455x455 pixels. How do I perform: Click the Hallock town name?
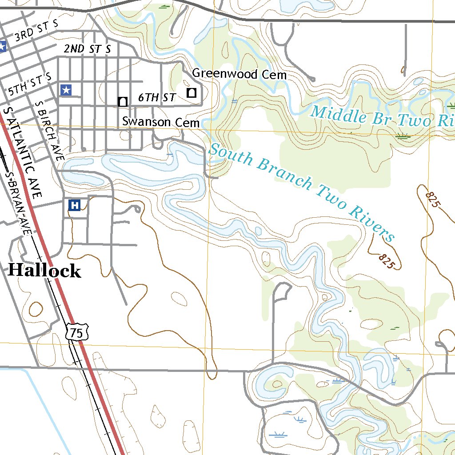tap(44, 271)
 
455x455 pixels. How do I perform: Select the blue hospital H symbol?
tap(75, 205)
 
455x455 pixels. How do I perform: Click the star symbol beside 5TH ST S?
tap(66, 90)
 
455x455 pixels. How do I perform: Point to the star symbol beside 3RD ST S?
tap(3, 46)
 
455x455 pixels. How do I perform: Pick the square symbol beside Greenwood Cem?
tap(192, 92)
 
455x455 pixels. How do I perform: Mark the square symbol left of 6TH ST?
tap(123, 101)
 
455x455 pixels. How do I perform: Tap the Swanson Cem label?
tap(160, 121)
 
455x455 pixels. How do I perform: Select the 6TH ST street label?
tap(157, 97)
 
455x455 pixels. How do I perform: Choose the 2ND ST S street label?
tap(87, 49)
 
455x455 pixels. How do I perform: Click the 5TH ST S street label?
tap(30, 86)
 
